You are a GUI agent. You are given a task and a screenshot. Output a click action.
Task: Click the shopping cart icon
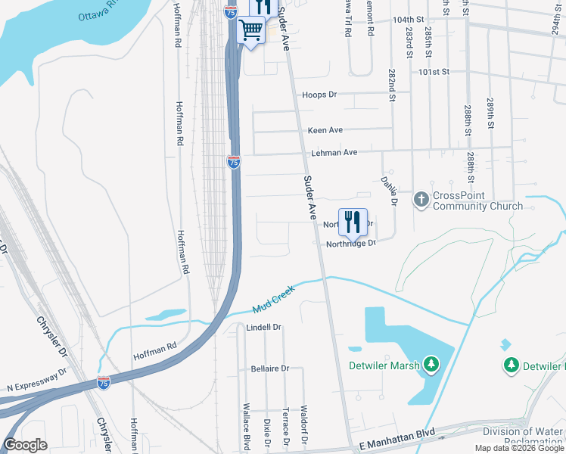point(250,31)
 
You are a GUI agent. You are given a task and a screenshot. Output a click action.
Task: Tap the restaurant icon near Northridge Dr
point(352,222)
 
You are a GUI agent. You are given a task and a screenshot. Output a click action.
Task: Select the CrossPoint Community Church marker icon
point(421,200)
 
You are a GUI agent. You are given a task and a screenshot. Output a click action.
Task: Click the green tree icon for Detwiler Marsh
point(431,365)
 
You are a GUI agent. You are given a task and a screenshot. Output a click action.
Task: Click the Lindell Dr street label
point(264,328)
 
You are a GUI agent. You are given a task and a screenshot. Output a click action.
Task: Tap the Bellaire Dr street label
point(269,368)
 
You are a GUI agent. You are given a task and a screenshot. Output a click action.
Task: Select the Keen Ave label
point(325,130)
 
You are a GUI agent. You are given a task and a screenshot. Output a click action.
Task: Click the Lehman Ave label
point(334,152)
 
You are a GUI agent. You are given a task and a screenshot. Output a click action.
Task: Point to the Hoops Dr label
point(319,95)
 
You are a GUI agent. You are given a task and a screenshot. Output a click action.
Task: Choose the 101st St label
point(434,72)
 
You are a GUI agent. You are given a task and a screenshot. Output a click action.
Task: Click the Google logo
point(25,445)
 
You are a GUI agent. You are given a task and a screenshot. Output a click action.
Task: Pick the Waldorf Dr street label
point(304,423)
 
